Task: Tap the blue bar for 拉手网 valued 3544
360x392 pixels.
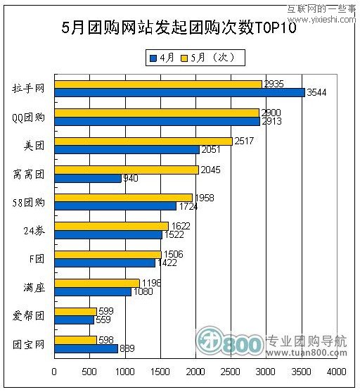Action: pyautogui.click(x=179, y=92)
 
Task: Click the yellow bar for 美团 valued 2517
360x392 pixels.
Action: pyautogui.click(x=143, y=141)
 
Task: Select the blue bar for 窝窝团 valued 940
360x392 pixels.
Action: pyautogui.click(x=87, y=179)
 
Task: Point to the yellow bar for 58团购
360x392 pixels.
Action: pyautogui.click(x=123, y=198)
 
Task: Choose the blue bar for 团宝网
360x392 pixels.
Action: pyautogui.click(x=85, y=348)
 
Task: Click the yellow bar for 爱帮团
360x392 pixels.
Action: pyautogui.click(x=75, y=311)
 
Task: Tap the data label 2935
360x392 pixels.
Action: pyautogui.click(x=274, y=84)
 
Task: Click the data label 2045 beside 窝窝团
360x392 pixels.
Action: pyautogui.click(x=210, y=170)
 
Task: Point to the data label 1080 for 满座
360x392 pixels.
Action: pyautogui.click(x=143, y=291)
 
